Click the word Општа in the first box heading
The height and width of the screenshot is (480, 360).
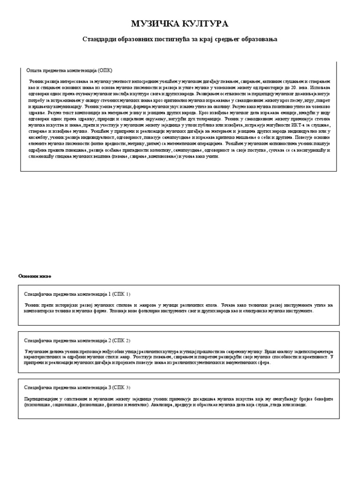(x=34, y=70)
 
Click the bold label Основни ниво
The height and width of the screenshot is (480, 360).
(x=35, y=276)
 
